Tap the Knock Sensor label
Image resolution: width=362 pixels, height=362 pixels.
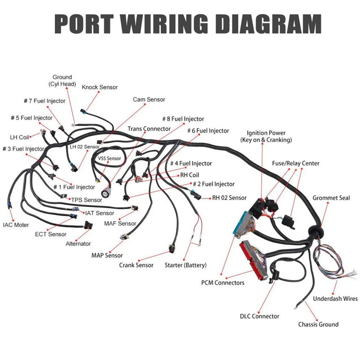click(100, 87)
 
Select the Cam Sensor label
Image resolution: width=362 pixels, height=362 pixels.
click(149, 100)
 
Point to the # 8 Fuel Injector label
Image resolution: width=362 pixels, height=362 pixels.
click(183, 119)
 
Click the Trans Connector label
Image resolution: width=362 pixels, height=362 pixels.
click(149, 129)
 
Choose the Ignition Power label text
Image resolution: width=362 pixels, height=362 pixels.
click(266, 136)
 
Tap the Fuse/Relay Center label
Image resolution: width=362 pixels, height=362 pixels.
click(295, 163)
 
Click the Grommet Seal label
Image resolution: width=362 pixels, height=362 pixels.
click(331, 198)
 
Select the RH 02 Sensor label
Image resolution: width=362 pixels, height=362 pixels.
click(229, 198)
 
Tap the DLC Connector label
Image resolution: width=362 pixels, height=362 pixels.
click(259, 316)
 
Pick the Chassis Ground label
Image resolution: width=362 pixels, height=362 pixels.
click(318, 324)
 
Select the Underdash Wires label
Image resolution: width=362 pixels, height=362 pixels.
click(335, 299)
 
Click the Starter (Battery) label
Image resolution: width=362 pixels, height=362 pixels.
click(185, 265)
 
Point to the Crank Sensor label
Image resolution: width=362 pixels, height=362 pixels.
click(136, 265)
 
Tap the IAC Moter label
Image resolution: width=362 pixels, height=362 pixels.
click(16, 224)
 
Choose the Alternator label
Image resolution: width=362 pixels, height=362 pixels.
click(78, 243)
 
